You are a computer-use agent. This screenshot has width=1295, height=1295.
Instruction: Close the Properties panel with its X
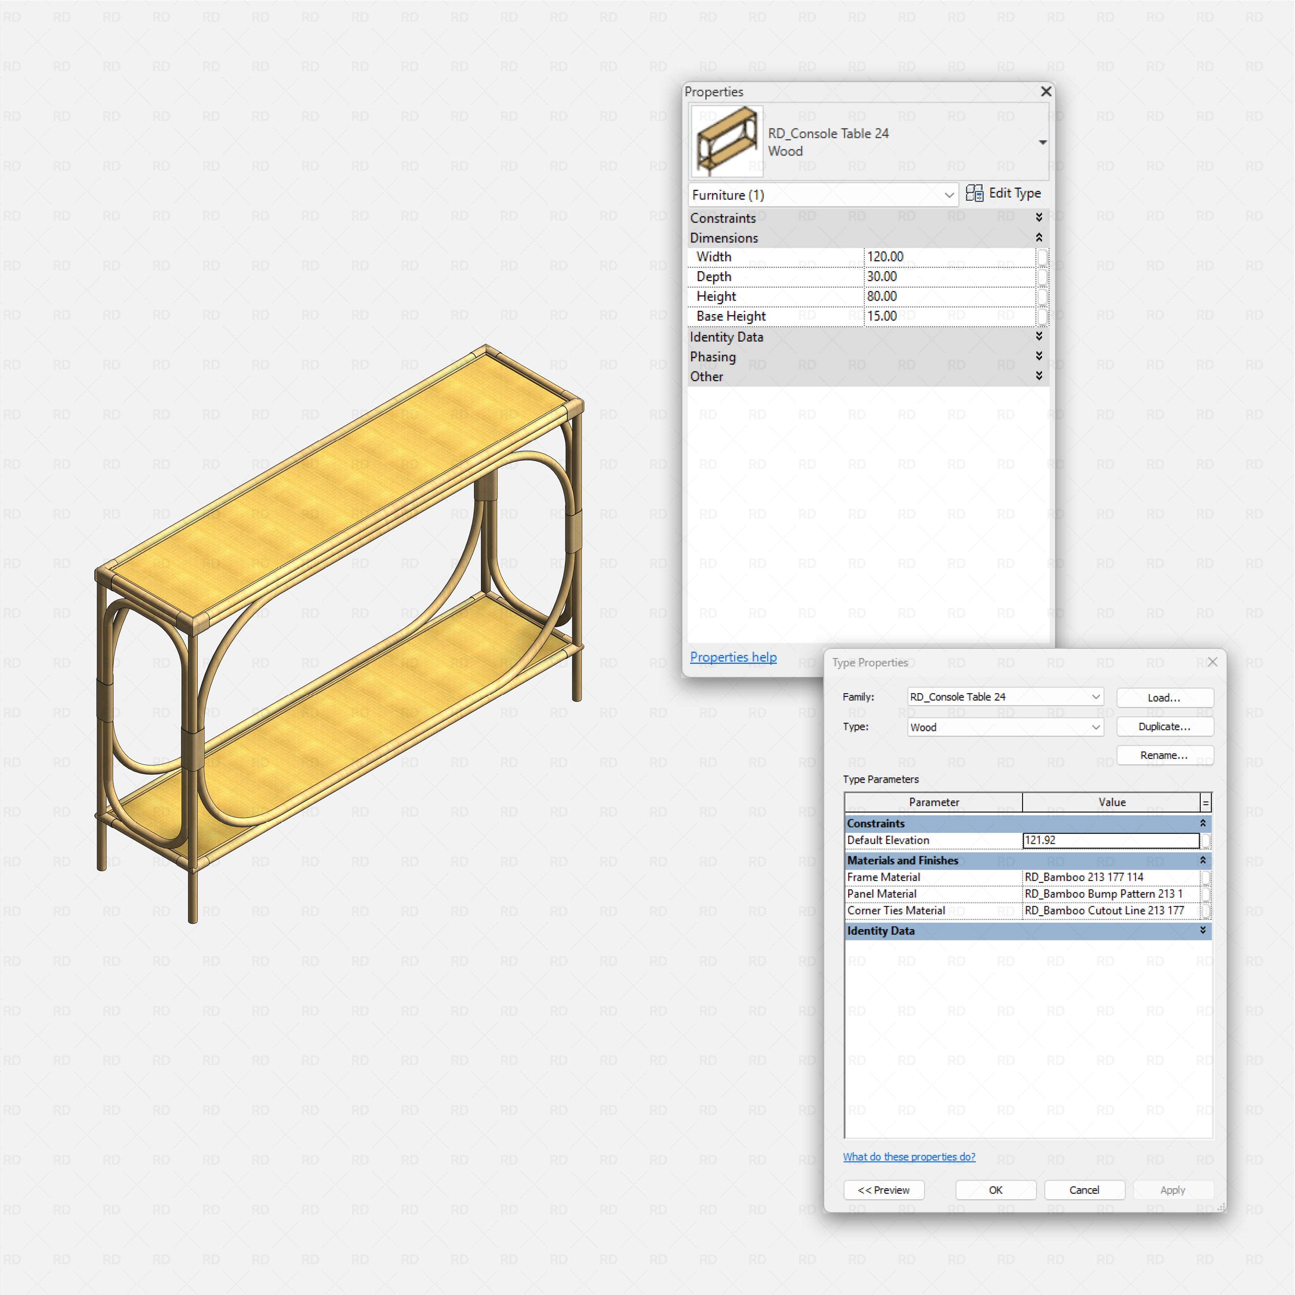point(1046,91)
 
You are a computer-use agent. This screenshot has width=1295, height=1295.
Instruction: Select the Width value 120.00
point(949,257)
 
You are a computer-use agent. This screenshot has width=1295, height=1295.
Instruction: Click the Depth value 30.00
point(949,277)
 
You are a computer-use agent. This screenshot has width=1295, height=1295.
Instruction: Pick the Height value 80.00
point(949,296)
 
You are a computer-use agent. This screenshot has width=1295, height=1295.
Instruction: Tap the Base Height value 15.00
point(949,316)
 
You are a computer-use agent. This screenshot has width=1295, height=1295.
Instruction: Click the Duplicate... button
point(1164,726)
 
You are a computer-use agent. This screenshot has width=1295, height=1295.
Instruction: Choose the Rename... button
point(1164,756)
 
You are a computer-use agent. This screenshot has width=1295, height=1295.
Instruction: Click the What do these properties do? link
point(909,1157)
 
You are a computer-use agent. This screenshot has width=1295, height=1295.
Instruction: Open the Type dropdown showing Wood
point(1005,727)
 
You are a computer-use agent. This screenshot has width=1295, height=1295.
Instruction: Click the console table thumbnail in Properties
point(726,141)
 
